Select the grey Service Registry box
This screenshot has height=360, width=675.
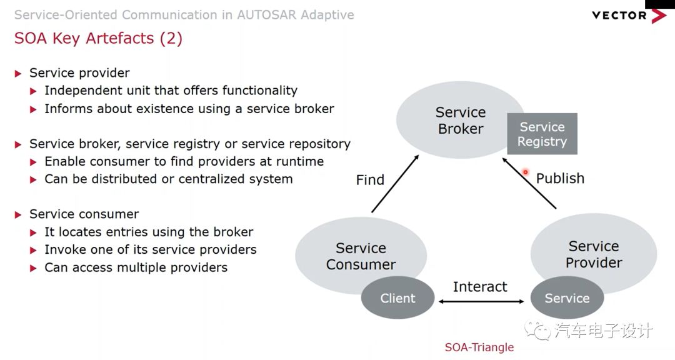542,134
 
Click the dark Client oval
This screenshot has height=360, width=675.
397,298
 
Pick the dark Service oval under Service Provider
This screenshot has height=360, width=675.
567,298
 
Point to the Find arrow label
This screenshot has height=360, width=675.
370,180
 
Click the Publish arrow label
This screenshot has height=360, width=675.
560,178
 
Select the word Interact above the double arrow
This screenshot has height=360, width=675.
480,287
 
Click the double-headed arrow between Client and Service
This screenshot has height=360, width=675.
481,302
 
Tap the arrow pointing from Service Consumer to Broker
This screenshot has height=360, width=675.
395,182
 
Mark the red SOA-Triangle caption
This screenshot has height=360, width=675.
479,347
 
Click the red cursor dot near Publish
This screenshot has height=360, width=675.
526,172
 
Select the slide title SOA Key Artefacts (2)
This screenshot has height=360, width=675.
98,38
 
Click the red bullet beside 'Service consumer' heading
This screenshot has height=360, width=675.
18,214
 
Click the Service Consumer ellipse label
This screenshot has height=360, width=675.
361,256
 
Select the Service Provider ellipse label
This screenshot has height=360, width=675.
593,254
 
